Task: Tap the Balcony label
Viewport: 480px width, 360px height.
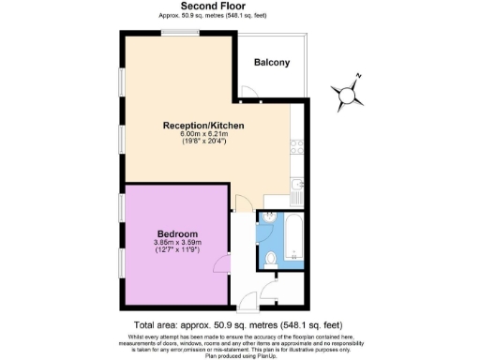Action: click(272, 63)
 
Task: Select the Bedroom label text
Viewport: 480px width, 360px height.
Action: click(176, 233)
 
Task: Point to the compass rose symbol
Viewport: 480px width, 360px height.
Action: click(348, 92)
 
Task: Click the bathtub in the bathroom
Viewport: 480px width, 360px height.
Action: click(293, 240)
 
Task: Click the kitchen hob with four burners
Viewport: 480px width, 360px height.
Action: click(297, 146)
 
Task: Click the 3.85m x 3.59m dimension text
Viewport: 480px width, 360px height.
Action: click(176, 243)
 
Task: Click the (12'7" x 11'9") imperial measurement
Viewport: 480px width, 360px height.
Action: click(176, 251)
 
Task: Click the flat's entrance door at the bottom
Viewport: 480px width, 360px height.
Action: click(247, 302)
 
